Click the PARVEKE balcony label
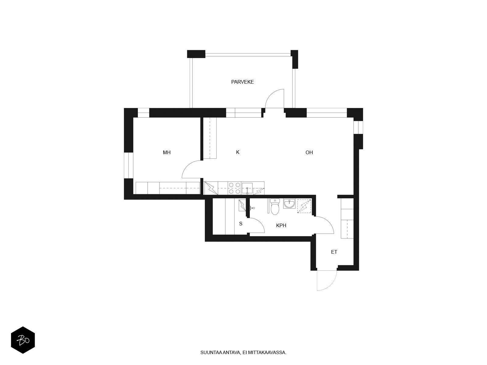click(x=242, y=82)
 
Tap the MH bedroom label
click(x=166, y=152)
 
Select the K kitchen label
click(x=238, y=152)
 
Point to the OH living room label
click(x=309, y=152)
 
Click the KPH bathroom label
click(x=281, y=225)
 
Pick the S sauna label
click(x=241, y=224)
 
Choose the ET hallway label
click(x=334, y=252)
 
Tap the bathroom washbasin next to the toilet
click(x=289, y=203)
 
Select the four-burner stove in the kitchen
click(x=234, y=188)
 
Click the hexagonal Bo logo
click(x=23, y=340)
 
